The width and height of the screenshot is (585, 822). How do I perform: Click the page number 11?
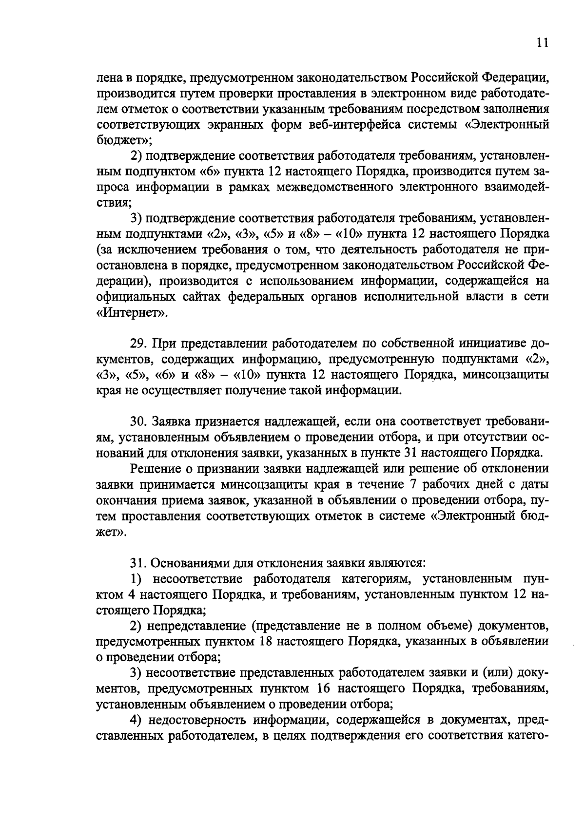coord(542,43)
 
